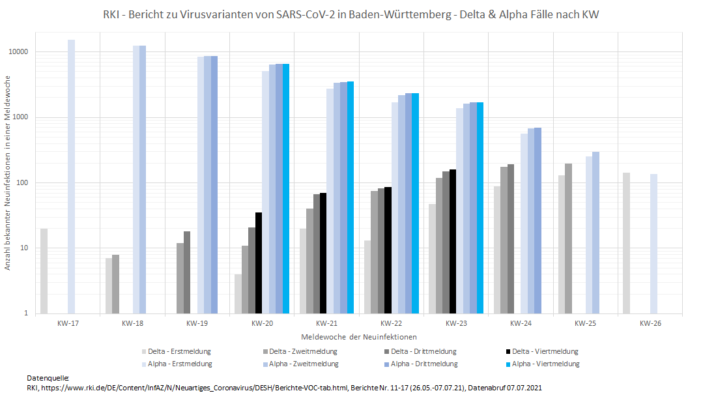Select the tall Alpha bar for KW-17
coord(71,176)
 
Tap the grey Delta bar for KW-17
coord(44,270)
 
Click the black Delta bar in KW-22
coord(388,250)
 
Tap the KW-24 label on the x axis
coord(521,323)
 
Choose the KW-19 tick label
coord(197,323)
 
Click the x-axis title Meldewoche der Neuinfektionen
coord(359,337)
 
